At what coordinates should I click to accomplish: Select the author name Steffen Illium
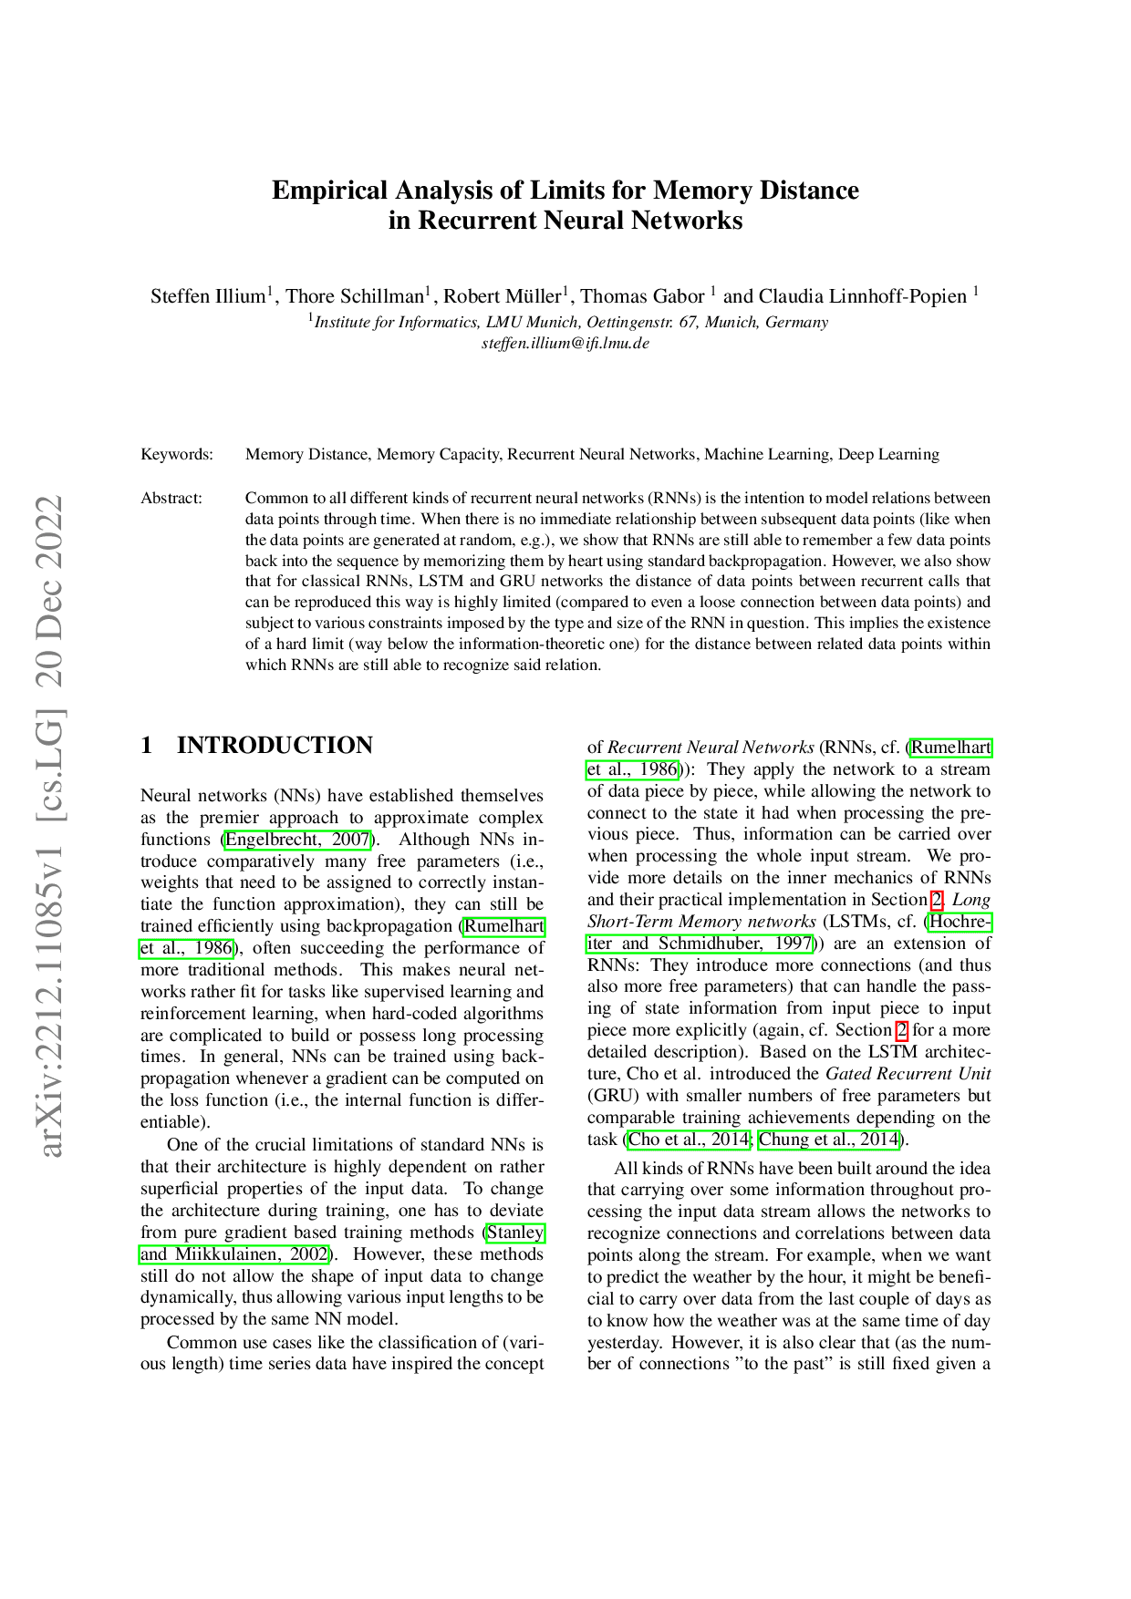click(x=208, y=296)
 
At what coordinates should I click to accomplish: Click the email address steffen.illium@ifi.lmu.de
click(x=565, y=344)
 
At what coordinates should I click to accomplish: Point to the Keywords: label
click(x=177, y=454)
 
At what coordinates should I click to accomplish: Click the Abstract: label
click(x=171, y=498)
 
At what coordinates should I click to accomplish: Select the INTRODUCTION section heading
click(x=275, y=746)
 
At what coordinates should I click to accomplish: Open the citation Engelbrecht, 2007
click(x=297, y=840)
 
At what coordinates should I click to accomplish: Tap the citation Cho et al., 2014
click(x=689, y=1140)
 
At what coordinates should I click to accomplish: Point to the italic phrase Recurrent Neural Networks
click(x=711, y=748)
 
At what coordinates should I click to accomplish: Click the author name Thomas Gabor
click(x=642, y=296)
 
